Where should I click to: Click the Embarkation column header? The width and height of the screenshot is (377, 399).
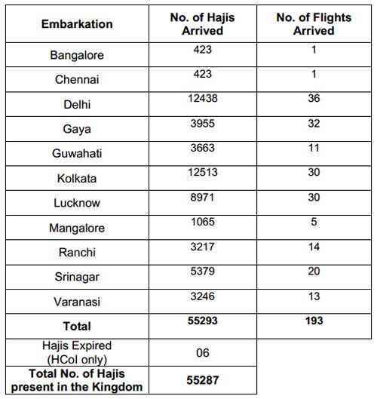pyautogui.click(x=77, y=24)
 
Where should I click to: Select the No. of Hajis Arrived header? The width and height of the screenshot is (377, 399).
pyautogui.click(x=203, y=24)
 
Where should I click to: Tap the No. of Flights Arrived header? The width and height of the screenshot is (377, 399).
pyautogui.click(x=314, y=24)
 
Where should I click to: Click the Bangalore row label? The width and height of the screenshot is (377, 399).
pyautogui.click(x=77, y=55)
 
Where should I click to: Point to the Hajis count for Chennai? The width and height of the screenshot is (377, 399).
pyautogui.click(x=203, y=74)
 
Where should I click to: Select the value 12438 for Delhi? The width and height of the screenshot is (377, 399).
pyautogui.click(x=203, y=98)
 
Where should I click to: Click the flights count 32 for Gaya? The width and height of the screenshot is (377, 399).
pyautogui.click(x=314, y=124)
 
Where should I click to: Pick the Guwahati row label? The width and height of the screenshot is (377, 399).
pyautogui.click(x=77, y=153)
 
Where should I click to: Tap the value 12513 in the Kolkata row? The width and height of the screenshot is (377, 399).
pyautogui.click(x=203, y=172)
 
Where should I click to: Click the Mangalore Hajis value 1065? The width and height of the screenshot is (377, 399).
pyautogui.click(x=203, y=222)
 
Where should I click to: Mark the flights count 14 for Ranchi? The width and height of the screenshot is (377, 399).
pyautogui.click(x=314, y=247)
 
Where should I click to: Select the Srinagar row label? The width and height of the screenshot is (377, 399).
pyautogui.click(x=77, y=277)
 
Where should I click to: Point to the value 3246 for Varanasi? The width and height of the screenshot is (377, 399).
pyautogui.click(x=203, y=296)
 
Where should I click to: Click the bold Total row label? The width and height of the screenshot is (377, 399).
pyautogui.click(x=77, y=327)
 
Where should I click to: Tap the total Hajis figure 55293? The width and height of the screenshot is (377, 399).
pyautogui.click(x=203, y=321)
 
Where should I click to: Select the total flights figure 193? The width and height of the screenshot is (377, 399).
pyautogui.click(x=314, y=321)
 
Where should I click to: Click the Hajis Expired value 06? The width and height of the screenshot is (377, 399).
pyautogui.click(x=203, y=353)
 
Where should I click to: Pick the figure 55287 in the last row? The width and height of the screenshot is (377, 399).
pyautogui.click(x=203, y=380)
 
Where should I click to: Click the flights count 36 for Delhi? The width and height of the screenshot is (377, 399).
pyautogui.click(x=314, y=98)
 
